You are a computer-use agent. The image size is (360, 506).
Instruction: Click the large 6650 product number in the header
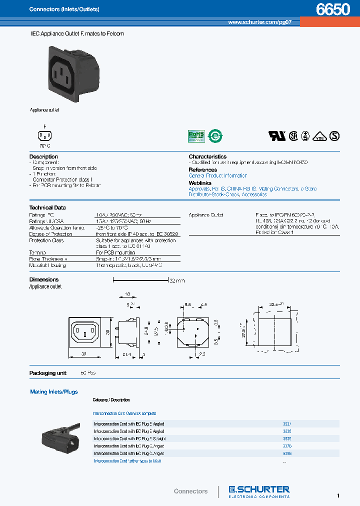333,10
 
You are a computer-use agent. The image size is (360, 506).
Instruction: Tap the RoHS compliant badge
196,135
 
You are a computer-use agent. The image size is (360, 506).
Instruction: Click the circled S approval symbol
334,136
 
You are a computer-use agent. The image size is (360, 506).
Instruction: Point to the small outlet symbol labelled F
44,135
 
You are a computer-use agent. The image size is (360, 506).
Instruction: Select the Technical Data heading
47,207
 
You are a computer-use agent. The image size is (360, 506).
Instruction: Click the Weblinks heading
200,183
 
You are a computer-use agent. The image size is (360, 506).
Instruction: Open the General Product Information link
217,176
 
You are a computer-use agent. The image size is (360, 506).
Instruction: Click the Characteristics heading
207,156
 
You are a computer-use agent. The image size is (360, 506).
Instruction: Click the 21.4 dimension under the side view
126,353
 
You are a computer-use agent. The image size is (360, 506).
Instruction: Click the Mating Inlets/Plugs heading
54,392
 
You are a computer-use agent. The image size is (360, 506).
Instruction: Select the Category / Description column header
111,400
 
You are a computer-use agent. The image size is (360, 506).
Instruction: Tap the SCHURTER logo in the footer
259,490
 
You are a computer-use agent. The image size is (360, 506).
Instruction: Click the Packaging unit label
47,373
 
